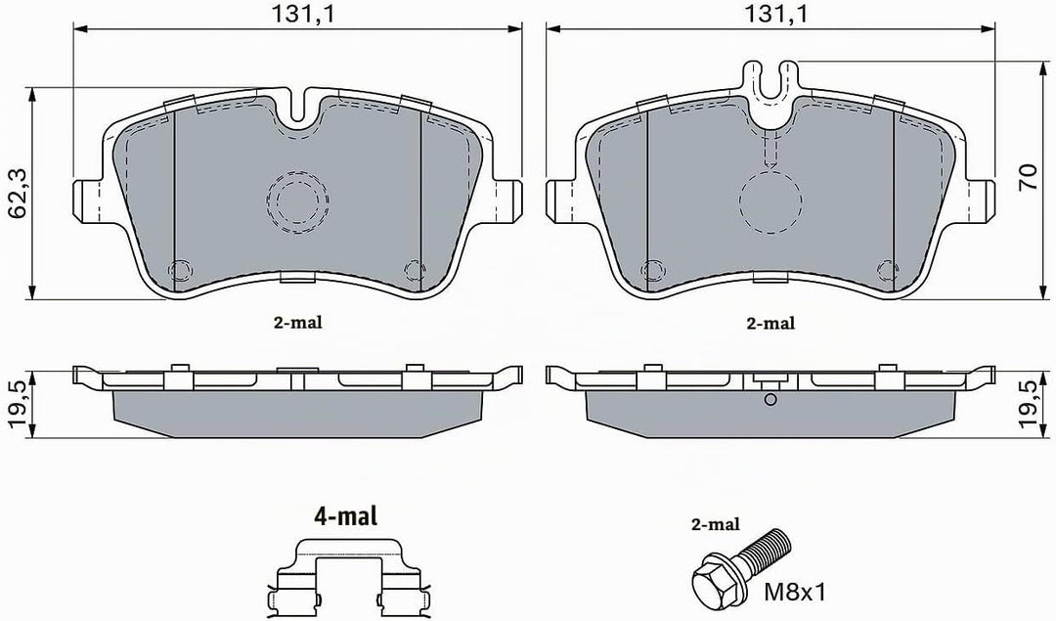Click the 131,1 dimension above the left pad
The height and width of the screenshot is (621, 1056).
[x=302, y=14]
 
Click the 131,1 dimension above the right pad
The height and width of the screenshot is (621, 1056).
[x=775, y=14]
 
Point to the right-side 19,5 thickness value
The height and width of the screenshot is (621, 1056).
[x=1030, y=404]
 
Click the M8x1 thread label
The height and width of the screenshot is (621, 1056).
[x=794, y=592]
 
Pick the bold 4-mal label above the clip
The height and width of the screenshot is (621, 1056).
[x=345, y=516]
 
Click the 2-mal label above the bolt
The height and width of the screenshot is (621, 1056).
[x=715, y=524]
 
